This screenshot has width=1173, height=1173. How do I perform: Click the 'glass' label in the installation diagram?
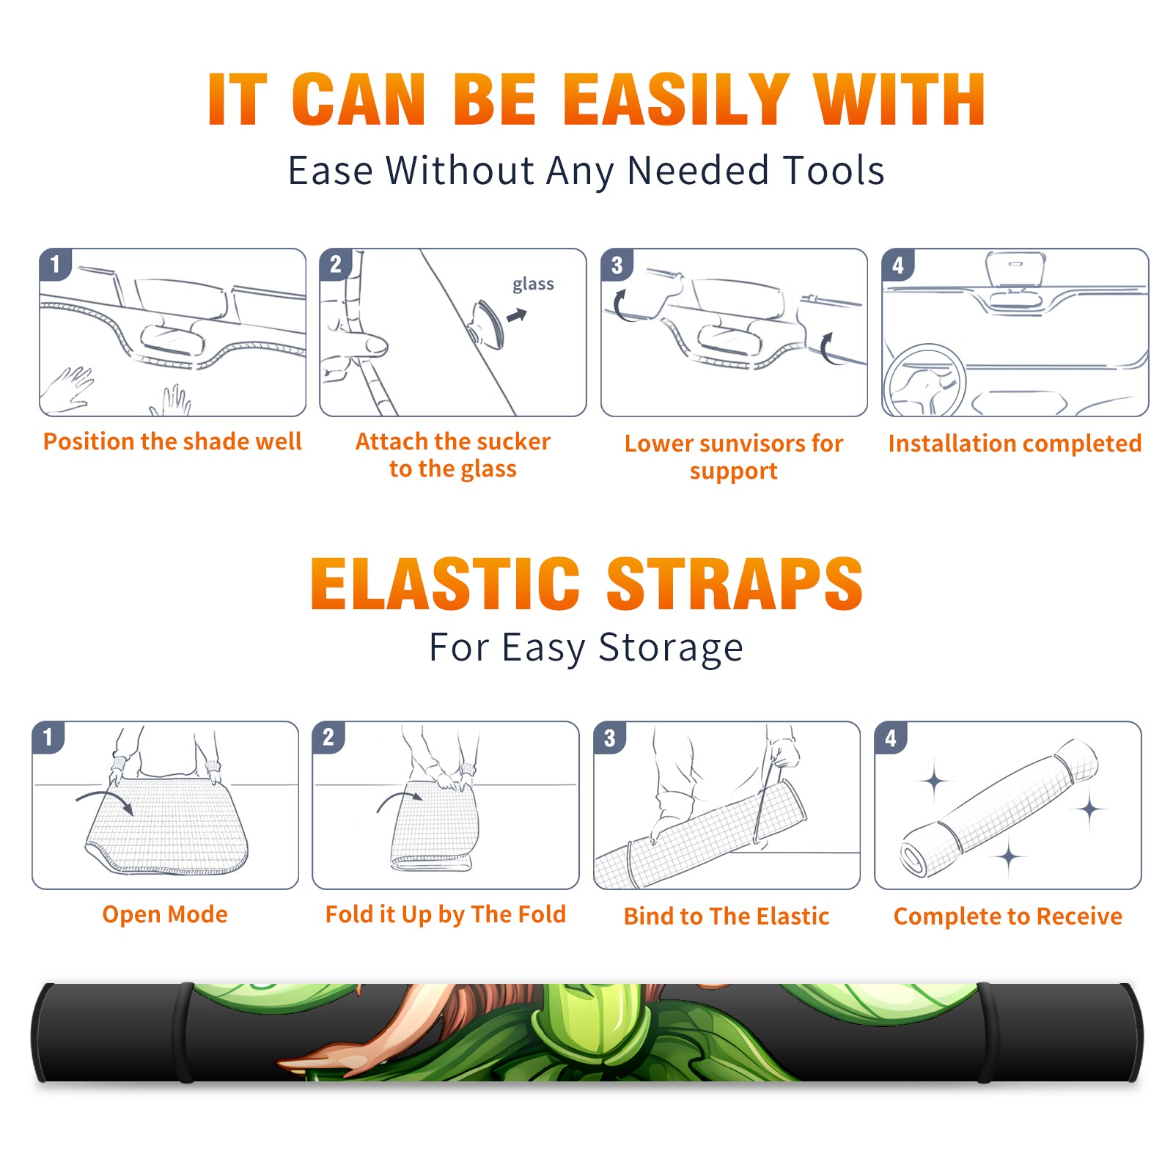[x=533, y=284]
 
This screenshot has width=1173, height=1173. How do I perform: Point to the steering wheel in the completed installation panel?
[x=924, y=380]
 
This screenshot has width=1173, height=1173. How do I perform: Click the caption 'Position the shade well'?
[x=172, y=441]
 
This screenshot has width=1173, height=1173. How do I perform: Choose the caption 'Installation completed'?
[x=1015, y=444]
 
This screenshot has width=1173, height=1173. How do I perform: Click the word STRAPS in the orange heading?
[x=735, y=584]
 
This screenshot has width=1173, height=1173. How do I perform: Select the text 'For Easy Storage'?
[x=586, y=647]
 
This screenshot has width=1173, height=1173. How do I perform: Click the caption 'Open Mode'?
[x=165, y=914]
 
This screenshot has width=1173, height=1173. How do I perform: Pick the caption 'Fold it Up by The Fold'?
[x=446, y=914]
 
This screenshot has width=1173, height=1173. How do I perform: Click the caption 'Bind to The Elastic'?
[x=727, y=916]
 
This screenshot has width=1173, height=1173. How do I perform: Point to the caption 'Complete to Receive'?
[x=1008, y=916]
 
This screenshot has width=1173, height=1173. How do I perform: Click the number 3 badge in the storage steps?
[x=610, y=738]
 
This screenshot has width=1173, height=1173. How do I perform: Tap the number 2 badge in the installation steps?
[x=336, y=265]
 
